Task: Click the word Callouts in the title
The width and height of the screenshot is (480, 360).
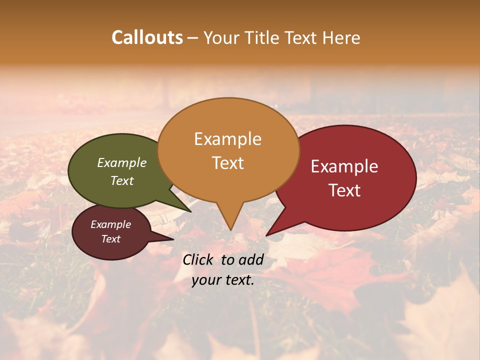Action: click(x=147, y=37)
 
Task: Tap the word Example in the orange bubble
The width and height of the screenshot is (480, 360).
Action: click(x=227, y=139)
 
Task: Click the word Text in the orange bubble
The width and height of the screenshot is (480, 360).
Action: click(x=227, y=163)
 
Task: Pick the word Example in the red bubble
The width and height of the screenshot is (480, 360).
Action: click(x=344, y=166)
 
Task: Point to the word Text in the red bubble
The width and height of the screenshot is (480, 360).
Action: click(x=344, y=190)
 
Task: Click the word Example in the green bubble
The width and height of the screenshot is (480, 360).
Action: click(x=122, y=162)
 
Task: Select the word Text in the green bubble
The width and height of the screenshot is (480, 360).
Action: click(x=122, y=180)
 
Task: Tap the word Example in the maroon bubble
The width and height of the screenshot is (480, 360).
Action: click(x=110, y=224)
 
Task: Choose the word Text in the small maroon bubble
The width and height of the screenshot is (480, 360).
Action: click(x=110, y=239)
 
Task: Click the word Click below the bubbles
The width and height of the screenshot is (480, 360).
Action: click(x=199, y=259)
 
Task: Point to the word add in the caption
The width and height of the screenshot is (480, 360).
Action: click(x=251, y=259)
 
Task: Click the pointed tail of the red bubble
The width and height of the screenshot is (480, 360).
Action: click(x=270, y=232)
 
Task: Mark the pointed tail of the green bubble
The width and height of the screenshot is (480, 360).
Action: click(x=187, y=209)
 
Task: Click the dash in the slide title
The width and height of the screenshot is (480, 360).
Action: click(x=193, y=38)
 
